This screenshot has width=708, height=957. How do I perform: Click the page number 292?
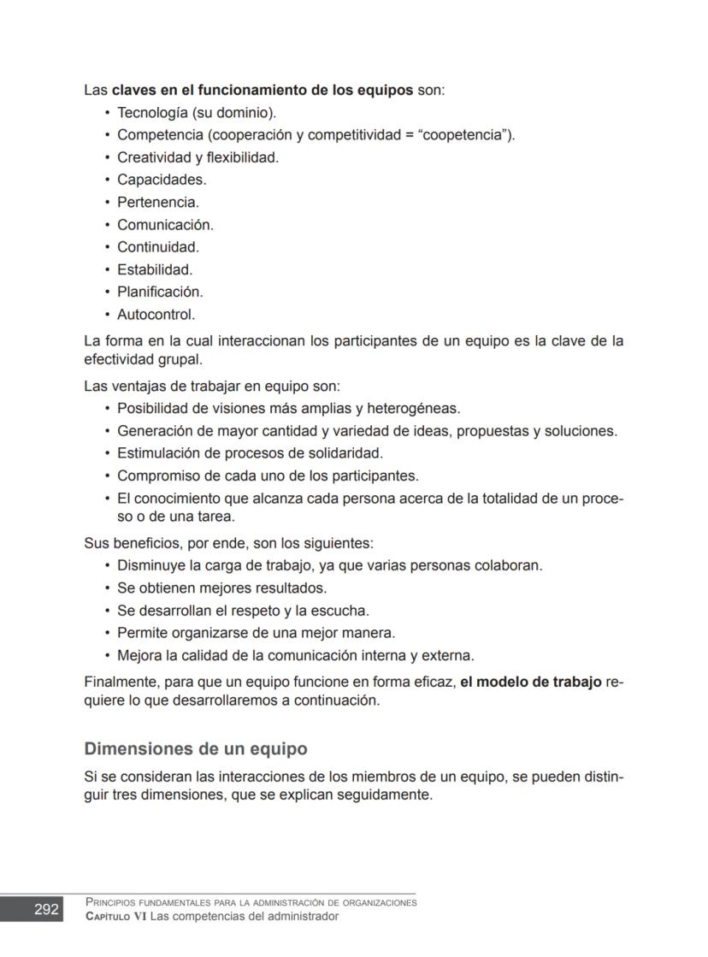(46, 909)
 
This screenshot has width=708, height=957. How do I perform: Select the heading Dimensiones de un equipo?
(195, 749)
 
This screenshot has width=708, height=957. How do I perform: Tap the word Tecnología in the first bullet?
(150, 113)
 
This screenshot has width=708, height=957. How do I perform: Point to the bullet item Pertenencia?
(157, 203)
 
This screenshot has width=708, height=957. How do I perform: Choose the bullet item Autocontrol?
(156, 314)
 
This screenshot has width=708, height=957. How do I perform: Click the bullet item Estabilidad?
(155, 269)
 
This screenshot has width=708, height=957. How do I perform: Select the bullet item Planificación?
(160, 292)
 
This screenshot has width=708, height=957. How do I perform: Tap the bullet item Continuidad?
(157, 247)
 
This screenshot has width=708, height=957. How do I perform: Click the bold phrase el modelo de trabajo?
(531, 682)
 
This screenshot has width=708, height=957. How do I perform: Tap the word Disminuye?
(152, 565)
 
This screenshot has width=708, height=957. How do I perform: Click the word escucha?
(341, 611)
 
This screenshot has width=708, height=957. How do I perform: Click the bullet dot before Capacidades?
(107, 180)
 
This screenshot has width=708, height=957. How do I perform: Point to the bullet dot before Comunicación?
(107, 225)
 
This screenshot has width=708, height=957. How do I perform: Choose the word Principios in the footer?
(112, 902)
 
